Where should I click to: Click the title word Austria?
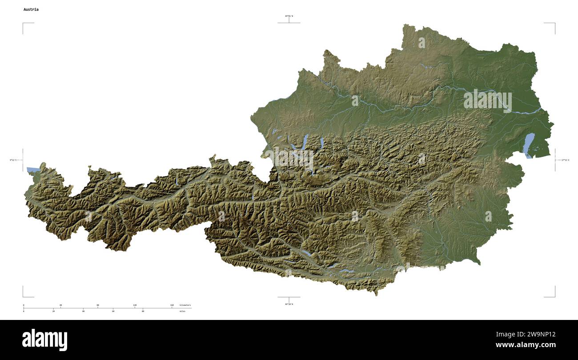click(31, 9)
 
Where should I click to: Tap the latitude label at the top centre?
click(289, 16)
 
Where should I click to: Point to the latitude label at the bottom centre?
click(289, 304)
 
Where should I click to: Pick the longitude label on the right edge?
click(565, 160)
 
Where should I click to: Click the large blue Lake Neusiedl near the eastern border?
click(529, 145)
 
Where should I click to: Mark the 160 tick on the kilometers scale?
click(172, 305)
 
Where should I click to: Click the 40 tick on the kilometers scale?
click(60, 305)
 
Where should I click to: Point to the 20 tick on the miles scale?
click(53, 311)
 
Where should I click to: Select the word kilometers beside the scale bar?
click(185, 305)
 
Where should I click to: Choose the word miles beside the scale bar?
click(182, 311)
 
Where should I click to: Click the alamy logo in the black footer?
click(44, 340)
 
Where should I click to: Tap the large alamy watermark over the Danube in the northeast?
click(487, 101)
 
